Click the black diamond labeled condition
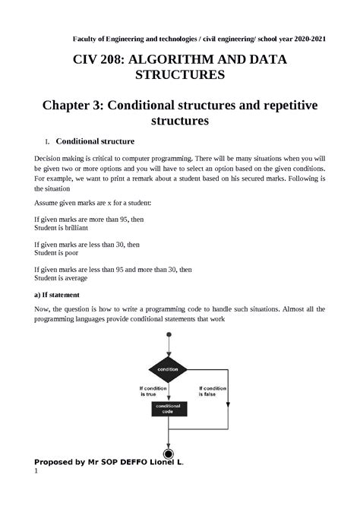pos(168,368)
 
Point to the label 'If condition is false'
pos(216,391)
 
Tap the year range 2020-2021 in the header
pos(303,39)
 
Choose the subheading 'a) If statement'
pos(63,294)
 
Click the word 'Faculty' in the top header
pos(87,39)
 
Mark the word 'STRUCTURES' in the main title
pos(180,75)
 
